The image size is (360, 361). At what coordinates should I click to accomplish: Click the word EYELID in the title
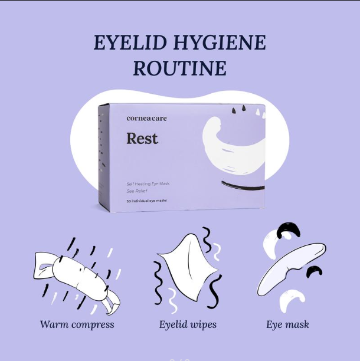click(x=130, y=42)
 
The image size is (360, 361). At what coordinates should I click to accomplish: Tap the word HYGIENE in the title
click(x=220, y=42)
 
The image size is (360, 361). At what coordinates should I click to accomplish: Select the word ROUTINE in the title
click(x=180, y=68)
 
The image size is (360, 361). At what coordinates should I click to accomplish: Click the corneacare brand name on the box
click(x=147, y=119)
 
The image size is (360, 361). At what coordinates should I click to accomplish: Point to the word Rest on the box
click(x=142, y=139)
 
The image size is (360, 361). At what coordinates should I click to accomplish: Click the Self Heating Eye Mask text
click(x=148, y=183)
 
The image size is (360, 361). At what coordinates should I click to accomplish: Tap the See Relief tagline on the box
click(x=137, y=191)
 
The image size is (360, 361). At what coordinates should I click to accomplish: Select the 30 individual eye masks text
click(x=146, y=201)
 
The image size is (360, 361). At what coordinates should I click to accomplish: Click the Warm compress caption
click(x=77, y=324)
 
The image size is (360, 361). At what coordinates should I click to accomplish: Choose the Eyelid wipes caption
click(x=188, y=324)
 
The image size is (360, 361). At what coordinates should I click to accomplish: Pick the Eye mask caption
click(x=287, y=324)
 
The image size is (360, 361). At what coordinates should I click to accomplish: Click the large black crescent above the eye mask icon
click(x=289, y=228)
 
